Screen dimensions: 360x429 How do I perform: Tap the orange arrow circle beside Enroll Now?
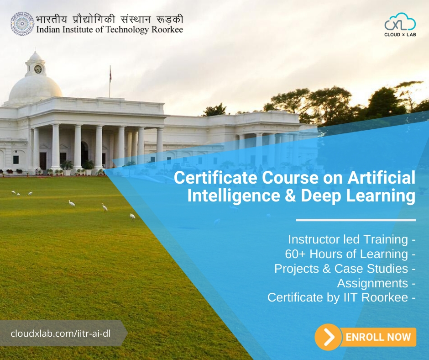[328, 338]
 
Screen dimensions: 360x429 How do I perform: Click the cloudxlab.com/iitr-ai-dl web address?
[61, 333]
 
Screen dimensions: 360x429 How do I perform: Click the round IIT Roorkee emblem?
[22, 24]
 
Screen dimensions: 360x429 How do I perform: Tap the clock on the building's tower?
[38, 69]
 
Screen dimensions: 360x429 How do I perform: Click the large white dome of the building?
[35, 90]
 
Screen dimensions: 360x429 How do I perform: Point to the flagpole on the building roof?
[110, 81]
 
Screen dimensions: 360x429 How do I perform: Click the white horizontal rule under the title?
[356, 220]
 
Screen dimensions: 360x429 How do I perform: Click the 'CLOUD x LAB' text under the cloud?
[400, 34]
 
